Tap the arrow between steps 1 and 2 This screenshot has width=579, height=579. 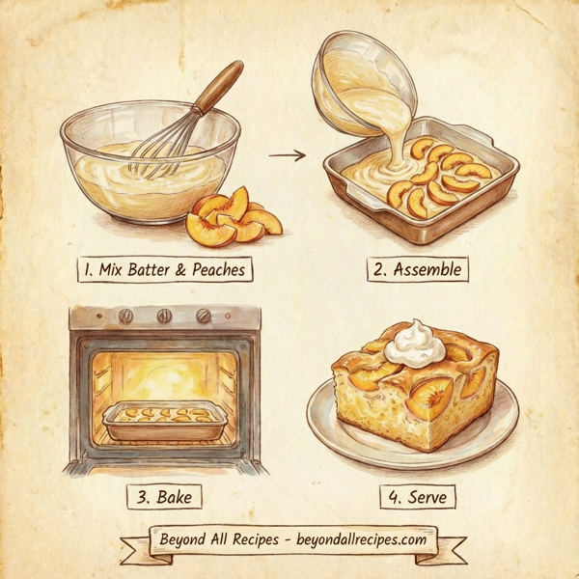[x=287, y=154]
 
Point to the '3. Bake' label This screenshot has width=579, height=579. [x=164, y=497]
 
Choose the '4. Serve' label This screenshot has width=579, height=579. [x=416, y=497]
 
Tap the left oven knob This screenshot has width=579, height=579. [x=124, y=317]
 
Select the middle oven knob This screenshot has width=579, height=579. [x=164, y=317]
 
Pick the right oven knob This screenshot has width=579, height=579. [x=204, y=317]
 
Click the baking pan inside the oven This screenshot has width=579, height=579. [x=163, y=420]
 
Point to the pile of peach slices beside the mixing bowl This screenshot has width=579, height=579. [x=234, y=218]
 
